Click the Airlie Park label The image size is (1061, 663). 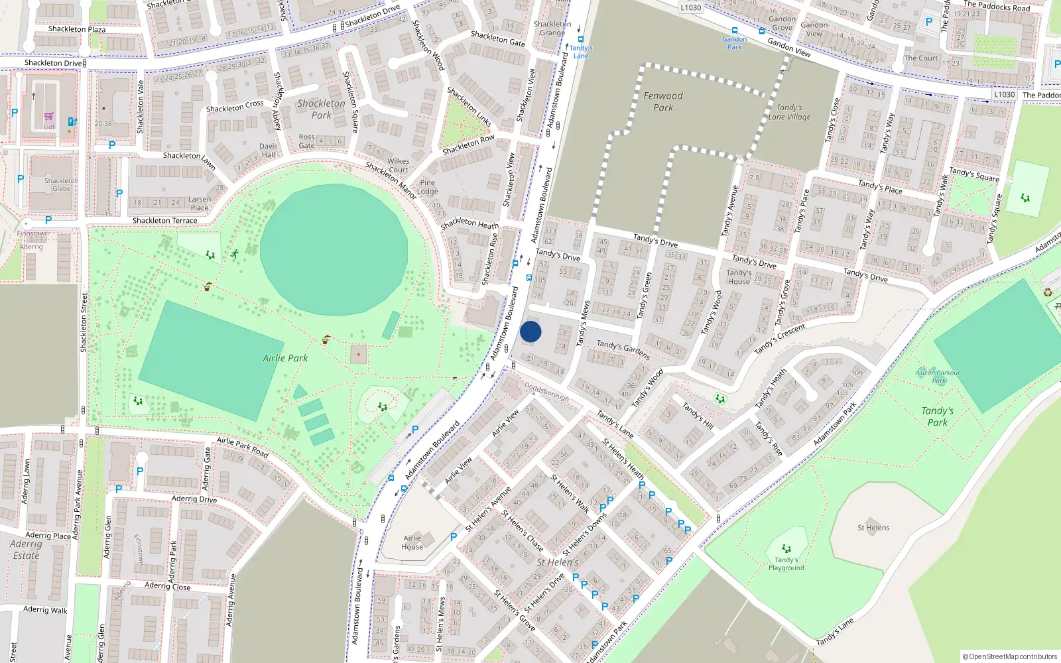(285, 358)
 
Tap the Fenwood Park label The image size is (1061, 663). (662, 101)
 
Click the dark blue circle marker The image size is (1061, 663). (530, 331)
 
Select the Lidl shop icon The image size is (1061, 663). (49, 117)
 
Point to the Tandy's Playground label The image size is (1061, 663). (786, 564)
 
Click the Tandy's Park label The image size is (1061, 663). (937, 416)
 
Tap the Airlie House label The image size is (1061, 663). (412, 542)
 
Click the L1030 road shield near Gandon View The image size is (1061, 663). (690, 7)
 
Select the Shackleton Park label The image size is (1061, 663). (321, 109)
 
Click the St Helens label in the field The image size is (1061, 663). (873, 528)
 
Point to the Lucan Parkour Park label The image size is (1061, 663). (938, 377)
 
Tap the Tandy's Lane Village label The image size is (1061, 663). (789, 112)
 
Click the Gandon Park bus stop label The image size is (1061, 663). (734, 43)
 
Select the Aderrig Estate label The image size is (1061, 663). (27, 550)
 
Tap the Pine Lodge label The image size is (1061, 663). (428, 187)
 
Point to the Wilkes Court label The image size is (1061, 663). (399, 165)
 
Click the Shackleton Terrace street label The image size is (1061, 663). (164, 220)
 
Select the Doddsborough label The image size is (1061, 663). (546, 391)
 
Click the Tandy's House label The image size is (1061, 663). (739, 277)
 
